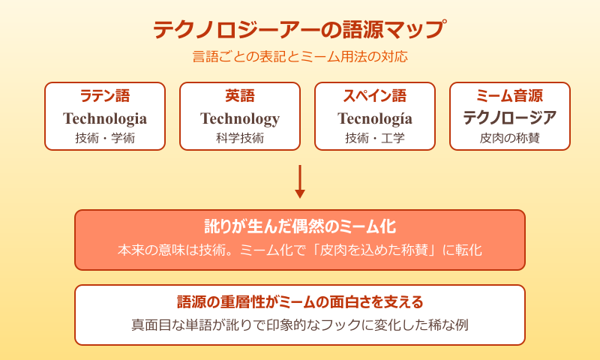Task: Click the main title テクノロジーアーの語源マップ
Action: pos(300,30)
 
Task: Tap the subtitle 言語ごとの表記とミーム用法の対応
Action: pos(300,56)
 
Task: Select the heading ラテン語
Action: pos(105,96)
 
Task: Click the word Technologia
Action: pos(105,118)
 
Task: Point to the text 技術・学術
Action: pos(105,138)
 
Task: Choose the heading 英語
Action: pos(240,96)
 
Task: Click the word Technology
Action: pos(240,118)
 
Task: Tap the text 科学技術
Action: pos(240,138)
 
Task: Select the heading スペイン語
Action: pos(375,96)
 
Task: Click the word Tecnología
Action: pos(375,118)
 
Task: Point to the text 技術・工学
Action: pos(375,138)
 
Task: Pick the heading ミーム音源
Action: pos(510,96)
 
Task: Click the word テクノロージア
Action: pos(510,118)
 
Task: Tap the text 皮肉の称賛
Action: pos(510,138)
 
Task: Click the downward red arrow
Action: pos(300,181)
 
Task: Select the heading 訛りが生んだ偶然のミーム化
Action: pos(300,226)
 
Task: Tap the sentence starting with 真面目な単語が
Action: pos(300,325)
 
